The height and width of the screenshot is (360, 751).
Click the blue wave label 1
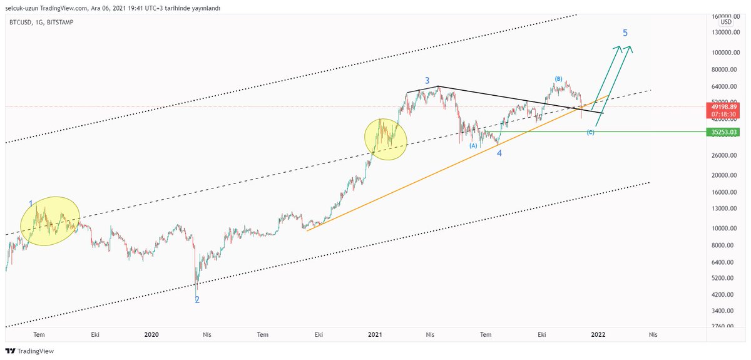31,203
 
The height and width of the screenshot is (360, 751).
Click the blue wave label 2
197,300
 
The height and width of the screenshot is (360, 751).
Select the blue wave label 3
427,81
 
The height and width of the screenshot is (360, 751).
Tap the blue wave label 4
499,153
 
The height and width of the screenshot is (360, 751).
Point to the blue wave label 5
625,33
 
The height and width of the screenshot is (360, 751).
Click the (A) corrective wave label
474,145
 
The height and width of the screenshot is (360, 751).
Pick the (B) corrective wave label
558,79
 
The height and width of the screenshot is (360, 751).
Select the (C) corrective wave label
590,133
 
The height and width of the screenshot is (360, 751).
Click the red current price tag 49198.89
723,107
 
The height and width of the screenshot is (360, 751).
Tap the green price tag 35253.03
723,132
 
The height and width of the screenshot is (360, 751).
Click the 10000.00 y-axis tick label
723,229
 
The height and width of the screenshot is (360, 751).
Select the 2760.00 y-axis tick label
723,326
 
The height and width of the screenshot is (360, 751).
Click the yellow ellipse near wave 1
50,221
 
